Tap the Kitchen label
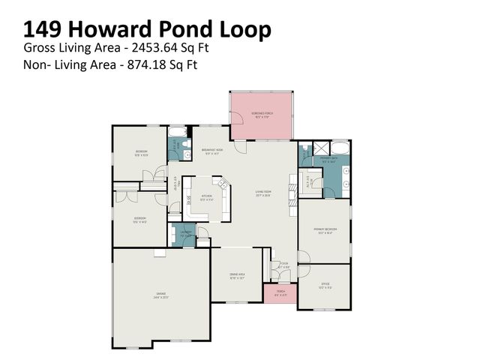pyautogui.click(x=206, y=199)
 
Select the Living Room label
pyautogui.click(x=262, y=193)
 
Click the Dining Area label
pyautogui.click(x=237, y=275)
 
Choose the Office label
pyautogui.click(x=325, y=284)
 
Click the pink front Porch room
pyautogui.click(x=280, y=294)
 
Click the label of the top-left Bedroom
pyautogui.click(x=141, y=153)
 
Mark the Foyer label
pyautogui.click(x=283, y=265)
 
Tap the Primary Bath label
pyautogui.click(x=328, y=159)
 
